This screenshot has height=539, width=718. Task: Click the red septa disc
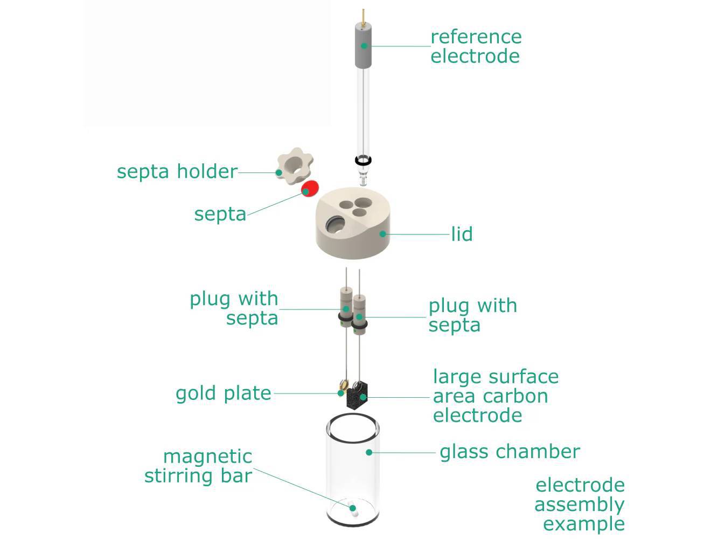(x=310, y=189)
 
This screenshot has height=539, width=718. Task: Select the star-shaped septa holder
(x=294, y=168)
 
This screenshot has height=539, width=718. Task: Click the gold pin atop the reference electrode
(x=365, y=16)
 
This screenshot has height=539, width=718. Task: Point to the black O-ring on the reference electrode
(x=363, y=161)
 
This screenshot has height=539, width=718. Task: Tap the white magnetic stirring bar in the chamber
(x=353, y=508)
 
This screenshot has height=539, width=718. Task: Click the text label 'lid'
(x=462, y=234)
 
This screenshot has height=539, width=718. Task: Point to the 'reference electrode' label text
(x=476, y=46)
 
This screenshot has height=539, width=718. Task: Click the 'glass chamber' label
(x=510, y=452)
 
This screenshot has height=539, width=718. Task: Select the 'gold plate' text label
(x=224, y=393)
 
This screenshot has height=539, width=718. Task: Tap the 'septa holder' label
(x=177, y=172)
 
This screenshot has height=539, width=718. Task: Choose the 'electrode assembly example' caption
(x=580, y=505)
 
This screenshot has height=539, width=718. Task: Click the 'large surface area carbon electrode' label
(x=496, y=396)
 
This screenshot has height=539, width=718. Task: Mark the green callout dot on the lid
(x=382, y=234)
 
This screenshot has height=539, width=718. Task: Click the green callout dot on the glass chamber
(x=369, y=452)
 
